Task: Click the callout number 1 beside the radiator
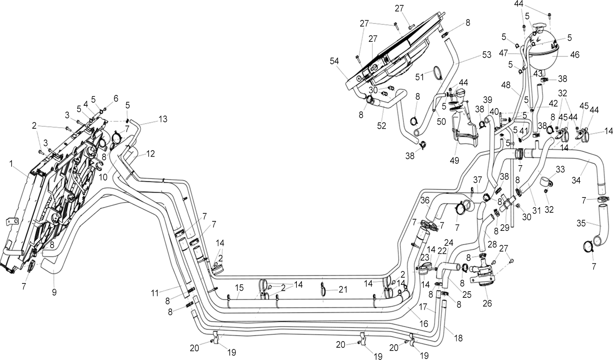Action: click(x=11, y=164)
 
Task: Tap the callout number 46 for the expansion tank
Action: click(x=575, y=55)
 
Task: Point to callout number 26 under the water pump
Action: click(x=487, y=303)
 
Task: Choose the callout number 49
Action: click(x=454, y=160)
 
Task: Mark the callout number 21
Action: click(x=343, y=289)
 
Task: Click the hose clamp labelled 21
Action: click(x=322, y=290)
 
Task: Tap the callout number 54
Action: click(x=334, y=61)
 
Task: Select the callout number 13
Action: click(x=163, y=119)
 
